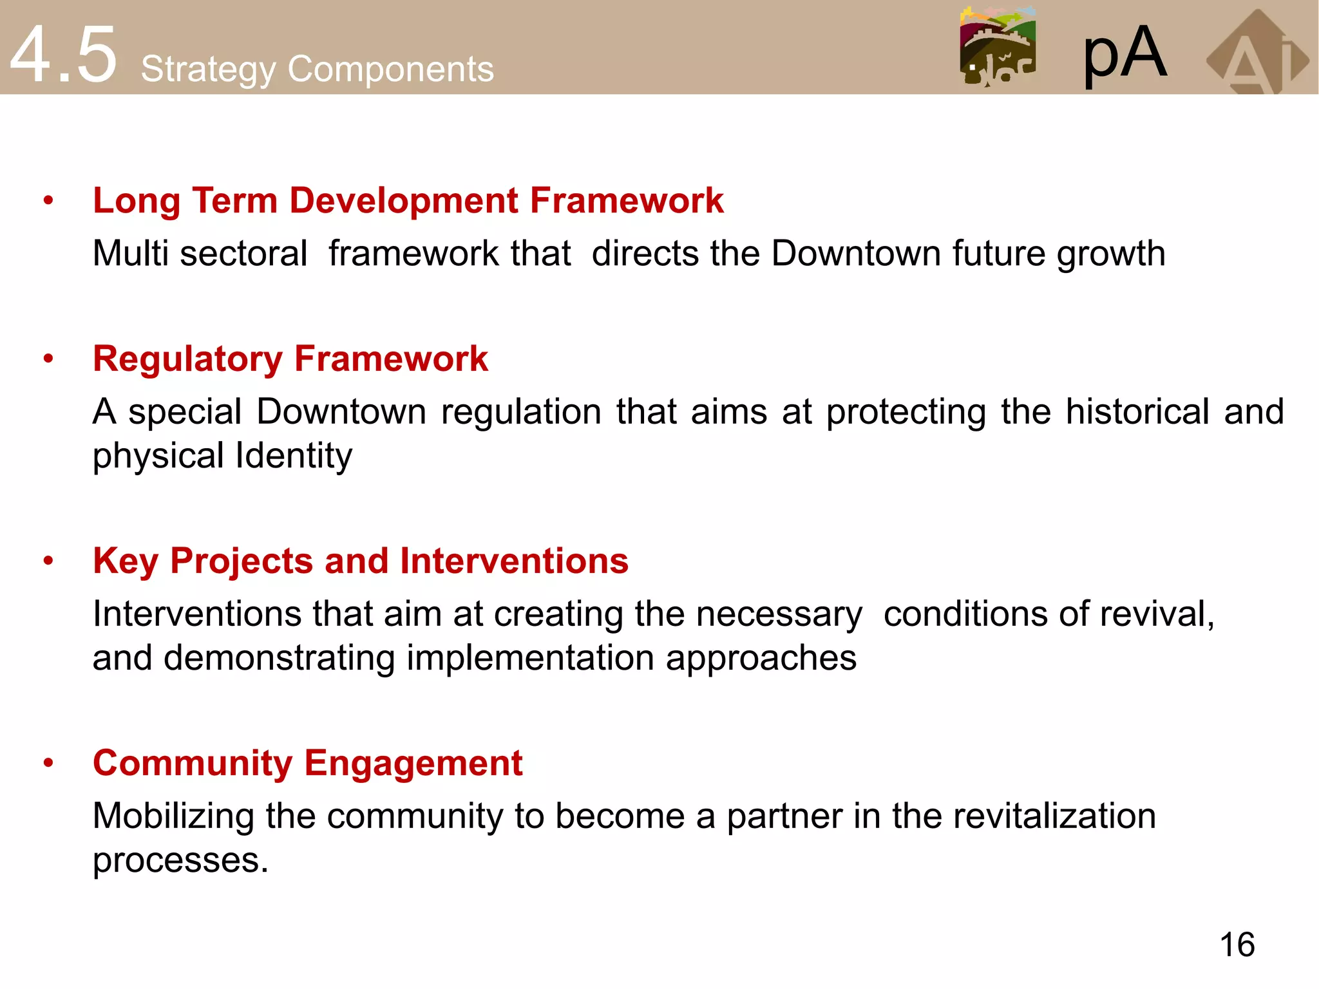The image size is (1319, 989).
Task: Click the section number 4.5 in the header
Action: click(x=63, y=55)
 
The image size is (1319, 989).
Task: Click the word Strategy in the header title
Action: click(x=208, y=70)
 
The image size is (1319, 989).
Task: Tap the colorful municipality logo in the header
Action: click(x=997, y=46)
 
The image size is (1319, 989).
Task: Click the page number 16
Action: click(x=1237, y=945)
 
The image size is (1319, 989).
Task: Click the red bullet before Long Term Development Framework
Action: click(x=48, y=201)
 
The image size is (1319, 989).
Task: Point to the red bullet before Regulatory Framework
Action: click(x=48, y=359)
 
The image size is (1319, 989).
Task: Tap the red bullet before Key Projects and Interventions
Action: click(x=48, y=561)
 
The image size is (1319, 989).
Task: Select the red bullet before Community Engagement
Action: click(x=48, y=763)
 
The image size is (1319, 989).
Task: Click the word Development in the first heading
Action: click(x=404, y=200)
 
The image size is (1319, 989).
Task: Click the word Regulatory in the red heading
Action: click(x=187, y=359)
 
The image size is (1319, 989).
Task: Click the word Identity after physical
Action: click(x=294, y=457)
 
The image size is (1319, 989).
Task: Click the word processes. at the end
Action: click(x=180, y=861)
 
